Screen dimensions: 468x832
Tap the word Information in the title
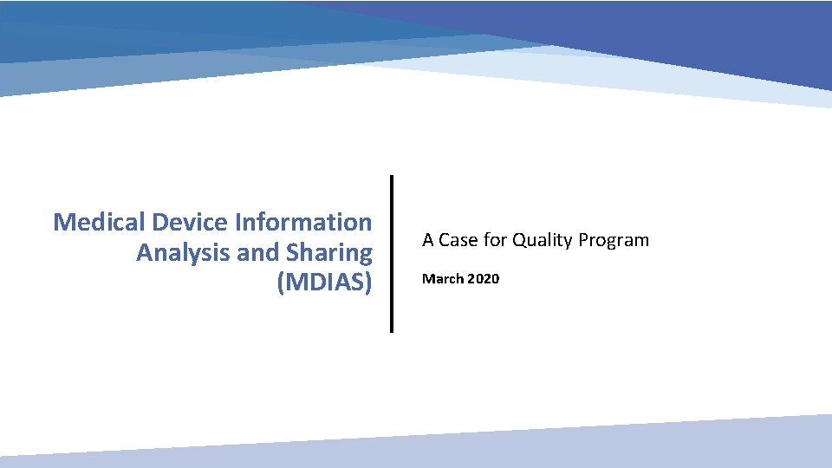[303, 222]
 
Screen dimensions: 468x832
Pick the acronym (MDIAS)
[324, 283]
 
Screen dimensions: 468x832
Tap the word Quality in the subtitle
[540, 240]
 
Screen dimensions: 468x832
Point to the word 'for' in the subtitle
[495, 240]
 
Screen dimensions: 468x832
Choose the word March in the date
[441, 279]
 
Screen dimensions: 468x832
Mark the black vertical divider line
[391, 253]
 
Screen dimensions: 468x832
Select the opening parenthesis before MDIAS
[281, 284]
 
